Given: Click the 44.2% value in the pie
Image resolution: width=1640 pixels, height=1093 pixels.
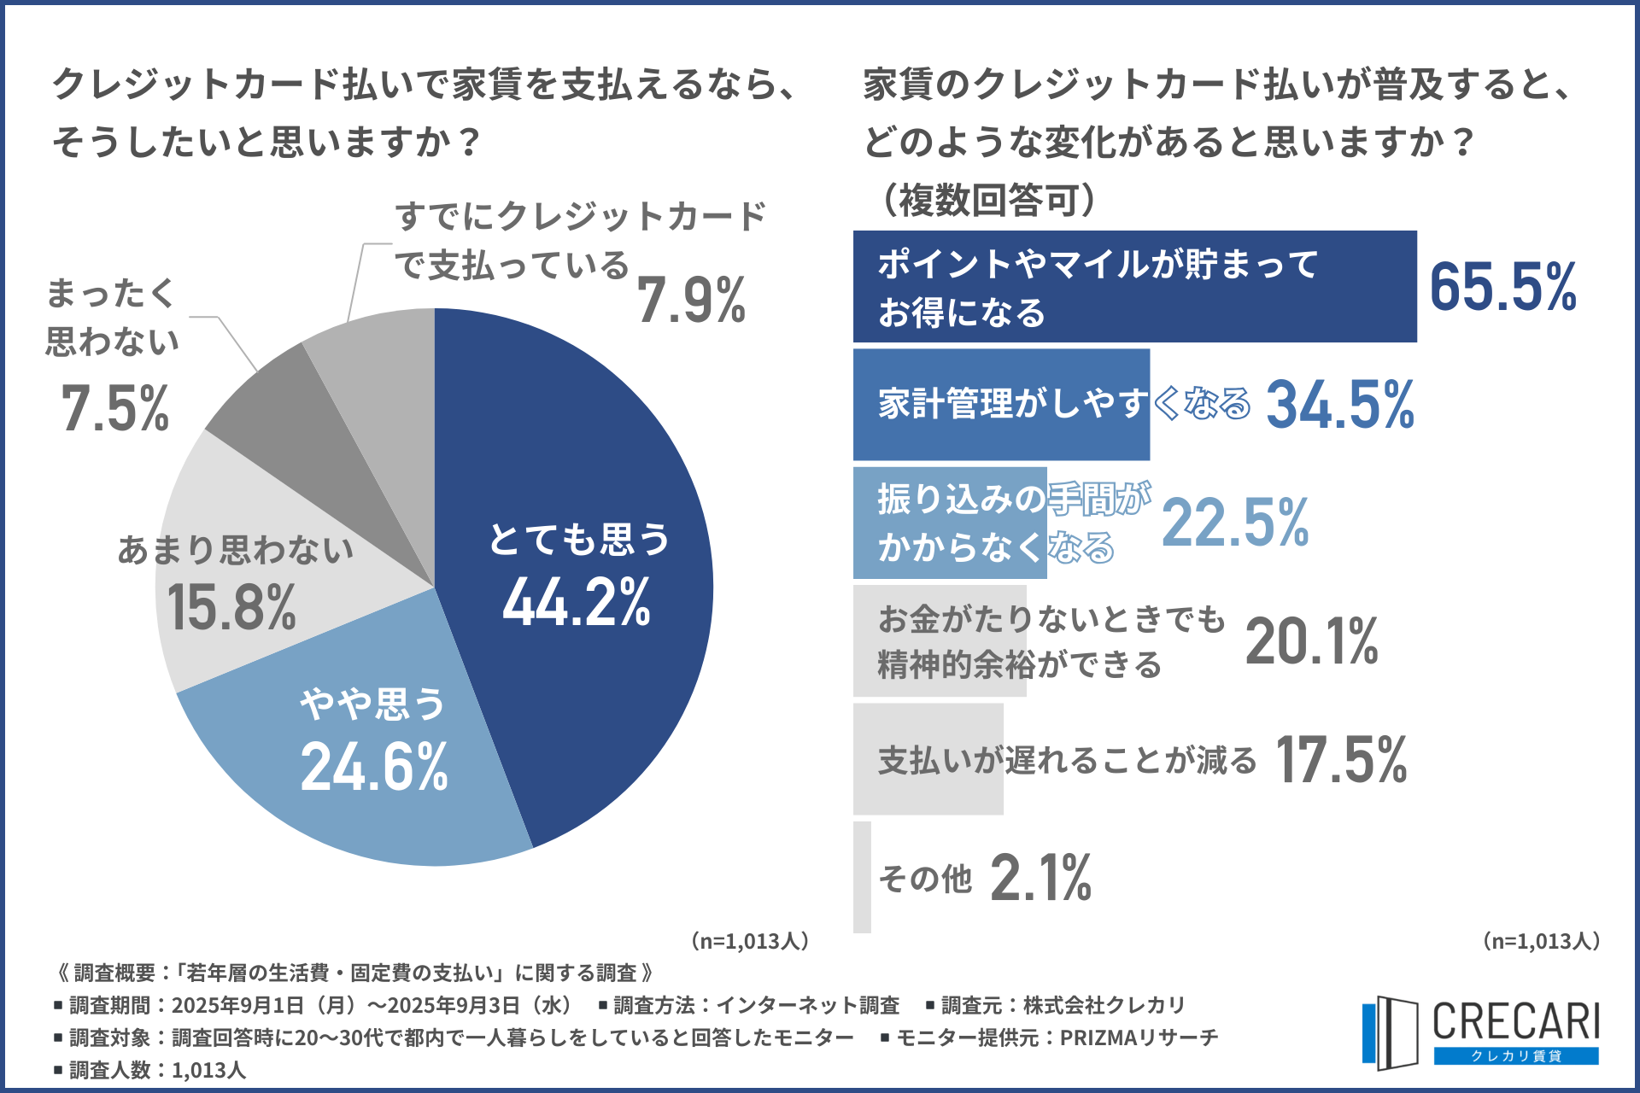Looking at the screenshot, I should pos(577,602).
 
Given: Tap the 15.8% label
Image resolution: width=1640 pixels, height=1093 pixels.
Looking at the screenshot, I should pos(231,607).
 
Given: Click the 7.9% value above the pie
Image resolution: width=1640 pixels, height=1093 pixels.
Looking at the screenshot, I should pos(691,301).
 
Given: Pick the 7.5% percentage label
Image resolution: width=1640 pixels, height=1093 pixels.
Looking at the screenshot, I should pos(115,408).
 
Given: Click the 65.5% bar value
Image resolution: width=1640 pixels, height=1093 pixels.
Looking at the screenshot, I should pos(1502,287).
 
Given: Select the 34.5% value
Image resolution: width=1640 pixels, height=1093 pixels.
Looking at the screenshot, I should pos(1339,405).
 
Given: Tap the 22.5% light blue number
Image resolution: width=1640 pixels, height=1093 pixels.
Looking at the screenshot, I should pos(1235,523).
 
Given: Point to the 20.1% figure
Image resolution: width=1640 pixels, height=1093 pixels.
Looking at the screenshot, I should pos(1311,641).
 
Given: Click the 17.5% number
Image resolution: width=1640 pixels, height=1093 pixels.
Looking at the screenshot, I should pos(1341,760).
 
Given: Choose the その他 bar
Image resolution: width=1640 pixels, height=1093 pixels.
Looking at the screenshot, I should pos(862,877).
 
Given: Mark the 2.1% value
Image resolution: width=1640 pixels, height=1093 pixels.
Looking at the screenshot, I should pos(1040,878).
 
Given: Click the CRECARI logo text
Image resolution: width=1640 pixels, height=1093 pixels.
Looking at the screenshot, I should pos(1515,1021).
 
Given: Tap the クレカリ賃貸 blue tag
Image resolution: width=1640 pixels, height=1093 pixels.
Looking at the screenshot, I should pos(1515,1056).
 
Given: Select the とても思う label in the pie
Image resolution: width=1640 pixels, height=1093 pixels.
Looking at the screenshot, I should pos(579,540).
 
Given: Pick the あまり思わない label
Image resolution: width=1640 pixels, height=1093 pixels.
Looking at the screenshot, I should pos(235,550).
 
